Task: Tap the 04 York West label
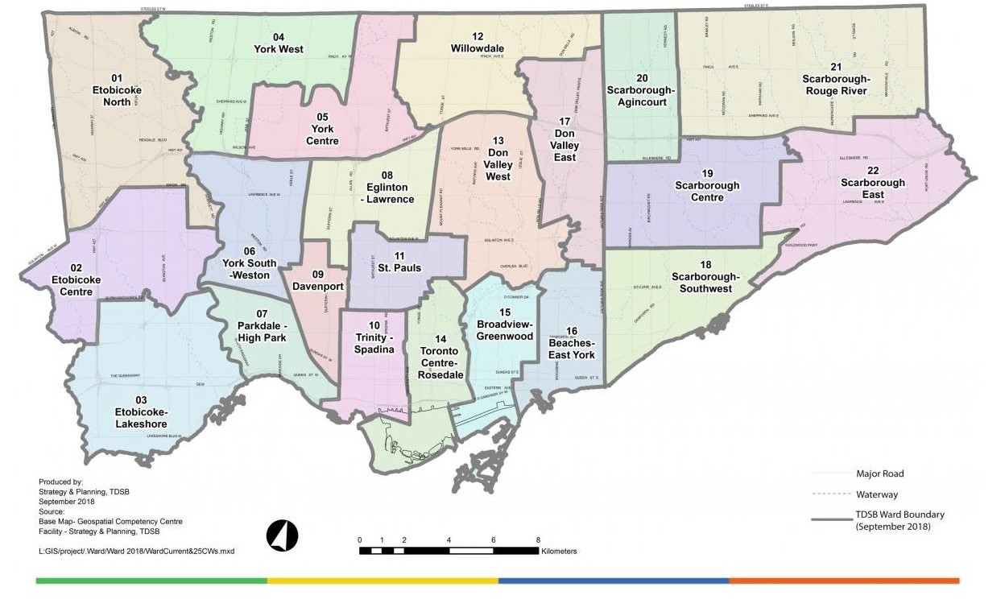point(278,43)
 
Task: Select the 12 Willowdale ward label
point(478,43)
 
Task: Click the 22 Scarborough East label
point(873,183)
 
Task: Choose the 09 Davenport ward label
point(317,279)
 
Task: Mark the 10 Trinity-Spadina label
point(374,343)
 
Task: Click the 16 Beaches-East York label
point(572,343)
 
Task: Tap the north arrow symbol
point(282,535)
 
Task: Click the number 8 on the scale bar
point(538,540)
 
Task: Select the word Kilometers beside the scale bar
point(560,552)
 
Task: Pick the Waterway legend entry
point(878,494)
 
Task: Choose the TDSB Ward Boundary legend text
point(900,520)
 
